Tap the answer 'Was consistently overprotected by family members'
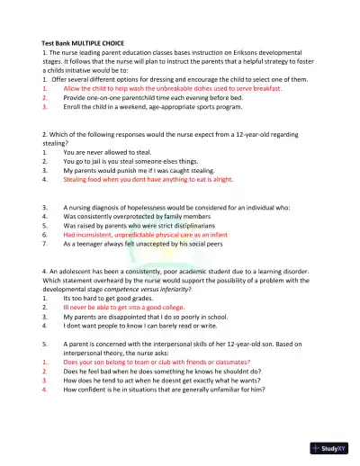137,216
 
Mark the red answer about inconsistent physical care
143,234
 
